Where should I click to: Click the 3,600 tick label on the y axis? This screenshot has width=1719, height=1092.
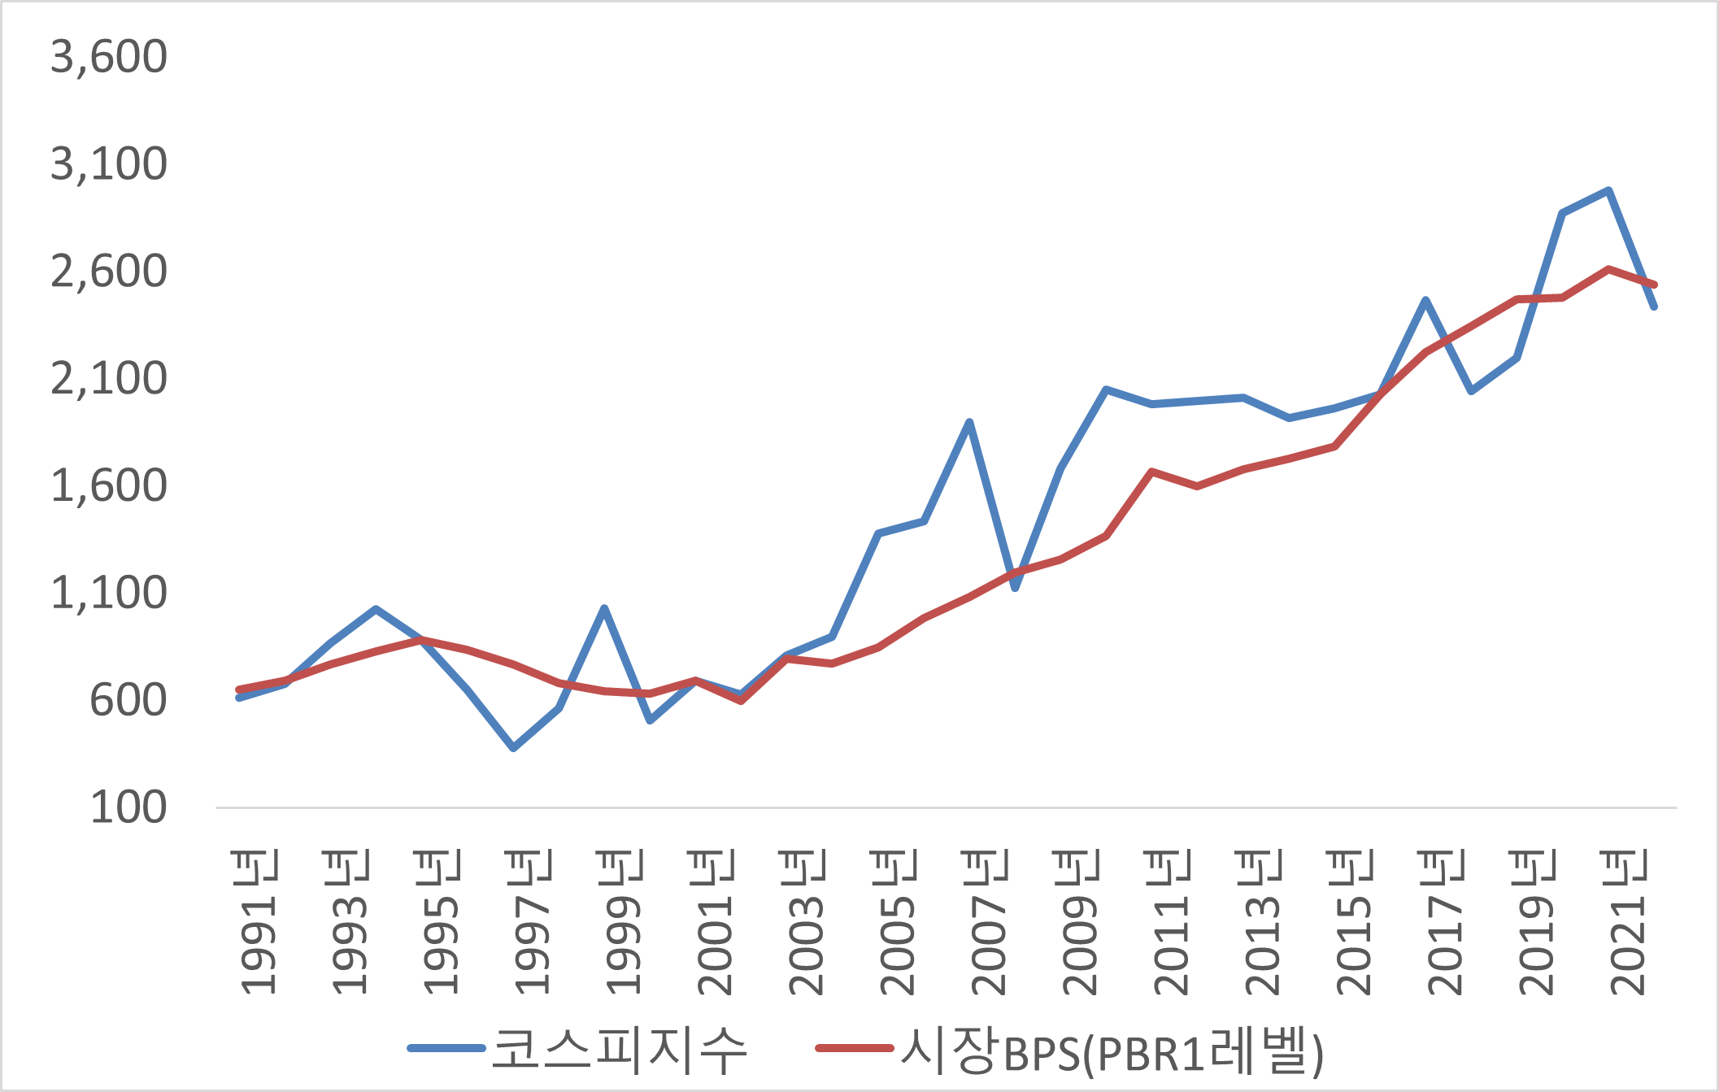click(109, 57)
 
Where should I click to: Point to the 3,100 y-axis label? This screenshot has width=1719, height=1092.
click(109, 164)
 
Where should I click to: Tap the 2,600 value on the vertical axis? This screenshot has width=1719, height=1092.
click(109, 272)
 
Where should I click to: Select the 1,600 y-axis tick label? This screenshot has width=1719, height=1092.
click(109, 486)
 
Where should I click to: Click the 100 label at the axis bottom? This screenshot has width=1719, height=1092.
click(128, 808)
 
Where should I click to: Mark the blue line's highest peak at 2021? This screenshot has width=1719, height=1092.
click(1608, 191)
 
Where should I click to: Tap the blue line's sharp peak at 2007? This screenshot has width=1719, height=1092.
click(969, 422)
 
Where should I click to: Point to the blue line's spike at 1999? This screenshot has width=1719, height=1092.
click(604, 608)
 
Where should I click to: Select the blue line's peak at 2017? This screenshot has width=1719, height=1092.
click(1425, 300)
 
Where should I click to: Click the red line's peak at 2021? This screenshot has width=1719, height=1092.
click(1608, 269)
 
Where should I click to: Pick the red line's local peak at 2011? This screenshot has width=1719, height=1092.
click(1151, 472)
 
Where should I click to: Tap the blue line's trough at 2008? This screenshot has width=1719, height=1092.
click(1015, 588)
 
